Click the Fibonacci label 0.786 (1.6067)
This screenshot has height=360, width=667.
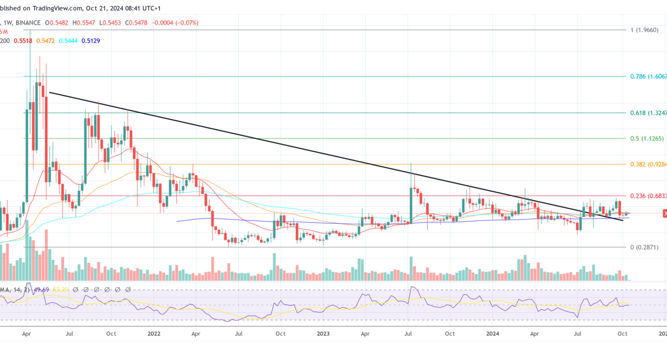click(648, 76)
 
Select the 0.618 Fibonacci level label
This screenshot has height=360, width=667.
click(648, 113)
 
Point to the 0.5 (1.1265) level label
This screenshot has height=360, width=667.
click(648, 138)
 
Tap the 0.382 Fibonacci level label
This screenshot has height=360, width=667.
click(648, 164)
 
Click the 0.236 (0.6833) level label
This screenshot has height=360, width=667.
click(648, 196)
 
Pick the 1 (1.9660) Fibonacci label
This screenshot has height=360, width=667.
click(643, 30)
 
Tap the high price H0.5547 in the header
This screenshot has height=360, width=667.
click(83, 23)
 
